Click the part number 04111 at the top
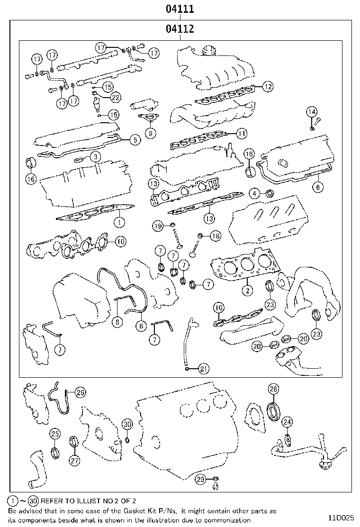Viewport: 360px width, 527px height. pyautogui.click(x=180, y=9)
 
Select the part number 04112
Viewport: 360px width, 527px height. pyautogui.click(x=180, y=29)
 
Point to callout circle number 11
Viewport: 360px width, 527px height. pyautogui.click(x=242, y=134)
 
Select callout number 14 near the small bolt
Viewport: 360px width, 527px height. pyautogui.click(x=311, y=112)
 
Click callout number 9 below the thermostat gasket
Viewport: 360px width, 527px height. pyautogui.click(x=150, y=133)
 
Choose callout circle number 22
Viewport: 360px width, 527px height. pyautogui.click(x=116, y=97)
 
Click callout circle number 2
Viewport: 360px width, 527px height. pyautogui.click(x=247, y=290)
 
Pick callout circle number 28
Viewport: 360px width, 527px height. pyautogui.click(x=273, y=390)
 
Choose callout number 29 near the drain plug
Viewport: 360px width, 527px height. pyautogui.click(x=201, y=480)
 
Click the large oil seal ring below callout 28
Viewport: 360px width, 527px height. pyautogui.click(x=274, y=410)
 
